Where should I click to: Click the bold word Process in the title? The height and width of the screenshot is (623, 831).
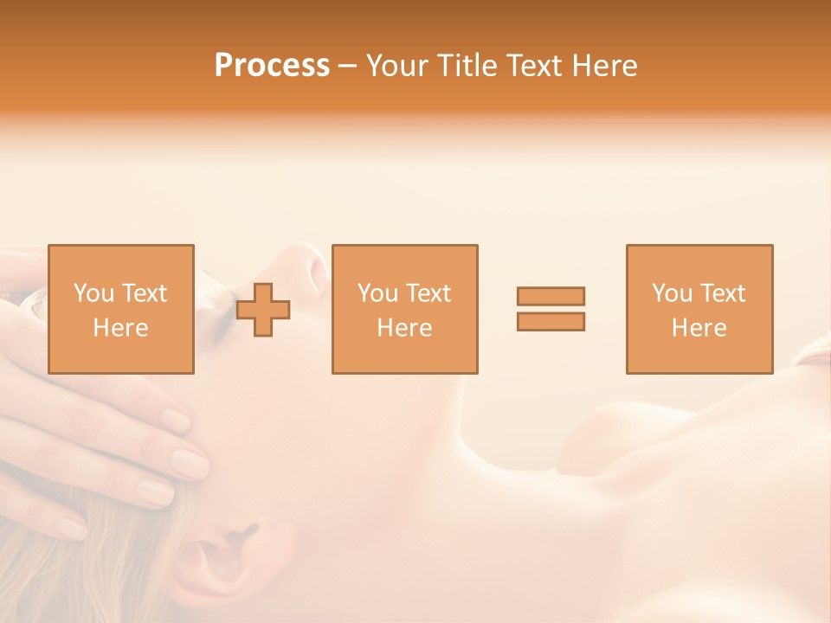tap(272, 66)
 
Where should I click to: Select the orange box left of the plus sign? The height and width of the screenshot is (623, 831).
tap(120, 309)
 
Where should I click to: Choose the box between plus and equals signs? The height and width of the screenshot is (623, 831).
tap(404, 309)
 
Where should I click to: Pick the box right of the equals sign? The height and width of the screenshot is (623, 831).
tap(699, 309)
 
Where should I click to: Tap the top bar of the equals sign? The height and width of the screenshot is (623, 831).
tap(551, 296)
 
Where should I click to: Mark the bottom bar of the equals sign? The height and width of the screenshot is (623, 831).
tap(551, 322)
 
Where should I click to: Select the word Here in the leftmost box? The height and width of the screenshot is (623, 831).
tap(120, 328)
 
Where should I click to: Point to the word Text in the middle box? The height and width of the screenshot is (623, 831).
tap(429, 293)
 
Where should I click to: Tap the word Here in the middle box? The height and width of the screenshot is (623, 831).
tap(404, 328)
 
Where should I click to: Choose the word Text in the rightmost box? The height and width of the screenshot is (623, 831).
tap(724, 293)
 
